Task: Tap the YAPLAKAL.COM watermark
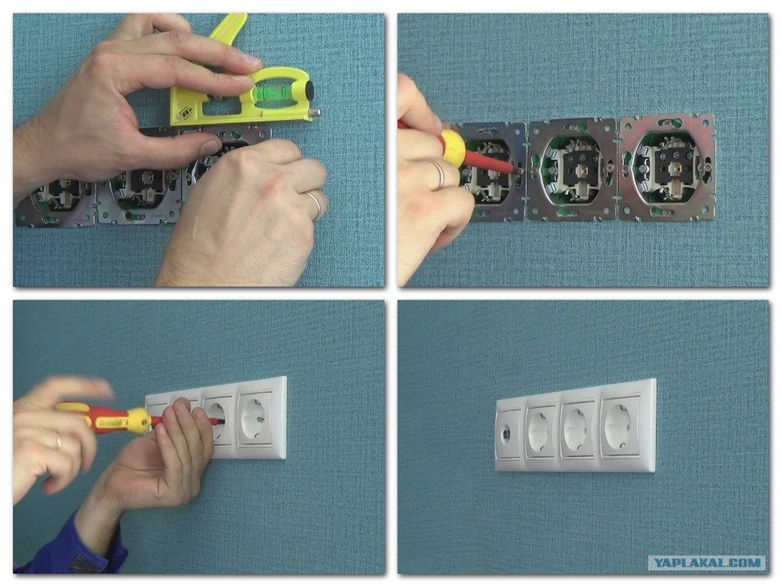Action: click(708, 563)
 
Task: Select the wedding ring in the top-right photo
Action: click(438, 174)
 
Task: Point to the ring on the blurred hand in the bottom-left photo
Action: click(59, 440)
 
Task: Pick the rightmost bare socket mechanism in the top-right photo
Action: click(666, 168)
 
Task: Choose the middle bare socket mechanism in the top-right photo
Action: click(573, 170)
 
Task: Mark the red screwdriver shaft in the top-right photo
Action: click(490, 161)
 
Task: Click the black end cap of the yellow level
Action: click(309, 90)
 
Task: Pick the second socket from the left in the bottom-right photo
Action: click(541, 429)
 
